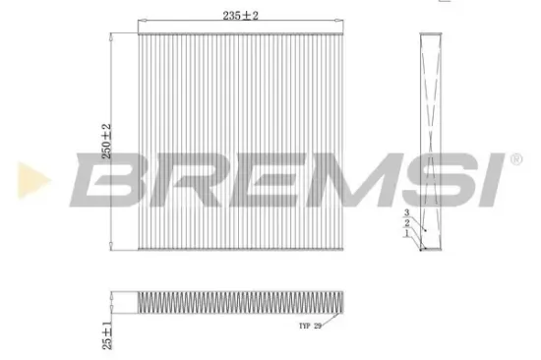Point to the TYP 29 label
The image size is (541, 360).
click(311, 326)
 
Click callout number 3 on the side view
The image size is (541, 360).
click(405, 213)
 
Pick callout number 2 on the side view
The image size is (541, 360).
click(405, 224)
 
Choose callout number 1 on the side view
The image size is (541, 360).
click(405, 234)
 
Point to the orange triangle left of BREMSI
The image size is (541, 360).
click(27, 178)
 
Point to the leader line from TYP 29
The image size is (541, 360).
click(335, 315)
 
